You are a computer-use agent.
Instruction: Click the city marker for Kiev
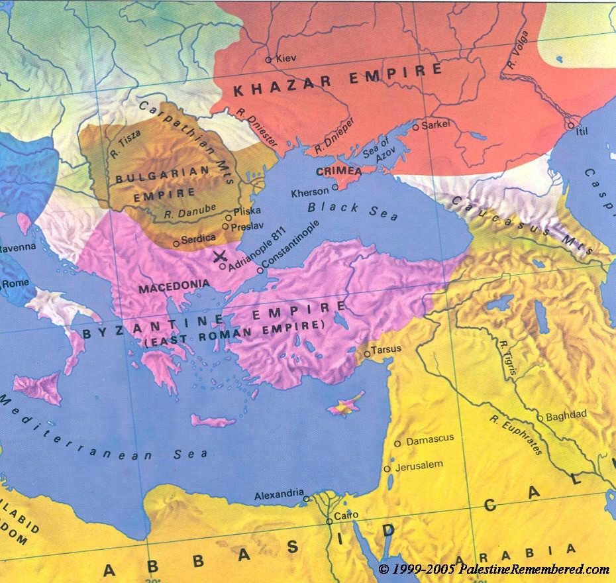pos(268,60)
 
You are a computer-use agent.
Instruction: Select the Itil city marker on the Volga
pos(570,124)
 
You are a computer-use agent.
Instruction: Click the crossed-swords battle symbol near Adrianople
pos(221,256)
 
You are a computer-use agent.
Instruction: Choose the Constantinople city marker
pos(260,270)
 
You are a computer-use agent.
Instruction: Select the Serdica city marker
pos(176,244)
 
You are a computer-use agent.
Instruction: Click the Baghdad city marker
pos(540,418)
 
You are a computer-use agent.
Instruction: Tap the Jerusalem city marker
pos(387,469)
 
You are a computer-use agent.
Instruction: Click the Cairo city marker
pos(329,521)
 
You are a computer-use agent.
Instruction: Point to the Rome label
pos(16,283)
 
